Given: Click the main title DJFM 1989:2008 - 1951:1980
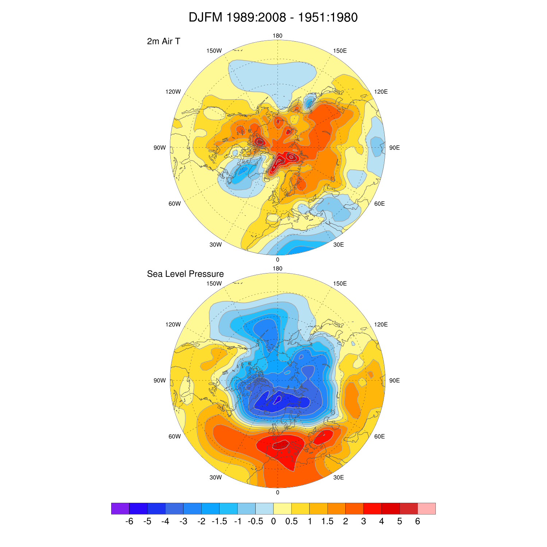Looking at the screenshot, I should pyautogui.click(x=273, y=17).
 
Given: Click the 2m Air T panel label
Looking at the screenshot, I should pyautogui.click(x=163, y=41).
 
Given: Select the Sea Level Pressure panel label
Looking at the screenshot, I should pyautogui.click(x=185, y=274).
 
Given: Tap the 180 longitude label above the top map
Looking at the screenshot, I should pyautogui.click(x=278, y=36).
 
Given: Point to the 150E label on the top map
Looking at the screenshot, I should pyautogui.click(x=340, y=51).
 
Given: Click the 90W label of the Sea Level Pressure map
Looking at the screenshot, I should pyautogui.click(x=160, y=380).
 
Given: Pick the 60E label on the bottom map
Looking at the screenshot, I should pyautogui.click(x=380, y=437).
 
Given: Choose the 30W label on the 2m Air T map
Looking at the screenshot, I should pyautogui.click(x=216, y=245).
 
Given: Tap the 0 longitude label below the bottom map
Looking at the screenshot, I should pyautogui.click(x=278, y=492).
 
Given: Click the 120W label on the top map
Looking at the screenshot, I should pyautogui.click(x=173, y=92).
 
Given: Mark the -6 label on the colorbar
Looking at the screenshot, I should pyautogui.click(x=129, y=521).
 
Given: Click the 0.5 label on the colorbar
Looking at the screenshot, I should pyautogui.click(x=291, y=521).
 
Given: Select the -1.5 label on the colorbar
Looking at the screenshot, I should pyautogui.click(x=220, y=521).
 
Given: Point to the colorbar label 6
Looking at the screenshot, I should pyautogui.click(x=418, y=521).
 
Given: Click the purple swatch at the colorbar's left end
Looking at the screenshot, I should pyautogui.click(x=120, y=508).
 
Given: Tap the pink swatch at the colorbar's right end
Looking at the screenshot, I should pyautogui.click(x=427, y=508).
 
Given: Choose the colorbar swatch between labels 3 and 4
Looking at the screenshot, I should pyautogui.click(x=373, y=508).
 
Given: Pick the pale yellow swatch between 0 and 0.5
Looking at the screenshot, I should pyautogui.click(x=283, y=508).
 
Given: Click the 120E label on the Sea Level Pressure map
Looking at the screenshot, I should pyautogui.click(x=381, y=325).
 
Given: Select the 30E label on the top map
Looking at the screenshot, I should pyautogui.click(x=338, y=245).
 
